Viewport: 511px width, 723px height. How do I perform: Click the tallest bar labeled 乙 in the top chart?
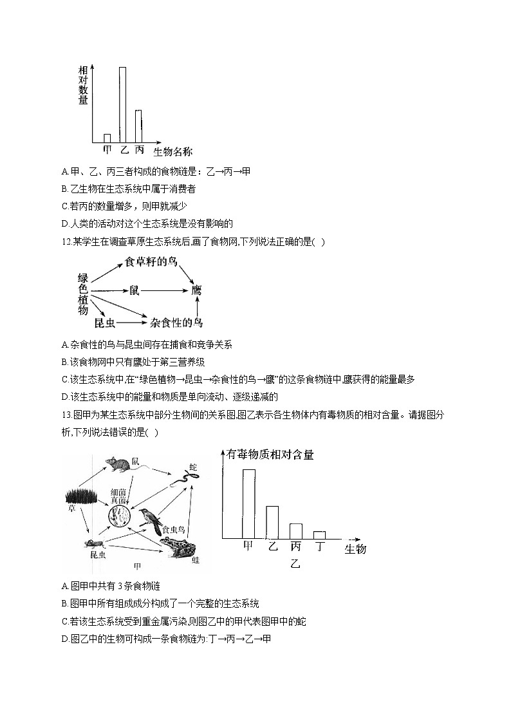[122, 104]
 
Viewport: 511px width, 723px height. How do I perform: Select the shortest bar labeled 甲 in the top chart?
[107, 138]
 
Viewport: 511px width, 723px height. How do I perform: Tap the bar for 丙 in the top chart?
[138, 126]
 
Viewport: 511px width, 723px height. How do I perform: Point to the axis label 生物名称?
[172, 152]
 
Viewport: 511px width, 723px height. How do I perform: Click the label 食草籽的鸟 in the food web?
[150, 261]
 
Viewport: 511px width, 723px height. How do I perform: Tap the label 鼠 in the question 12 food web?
[134, 291]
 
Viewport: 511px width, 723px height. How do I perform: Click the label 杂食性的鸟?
[176, 322]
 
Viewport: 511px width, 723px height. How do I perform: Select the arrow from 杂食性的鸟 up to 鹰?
[198, 306]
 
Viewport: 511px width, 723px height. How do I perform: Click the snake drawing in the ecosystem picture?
[186, 477]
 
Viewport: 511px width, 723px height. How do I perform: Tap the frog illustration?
[177, 547]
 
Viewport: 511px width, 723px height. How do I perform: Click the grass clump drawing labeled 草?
[81, 496]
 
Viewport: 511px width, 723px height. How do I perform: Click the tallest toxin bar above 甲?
[248, 503]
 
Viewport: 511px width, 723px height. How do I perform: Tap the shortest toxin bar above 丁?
[319, 534]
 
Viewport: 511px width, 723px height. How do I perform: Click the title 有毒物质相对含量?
[270, 455]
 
